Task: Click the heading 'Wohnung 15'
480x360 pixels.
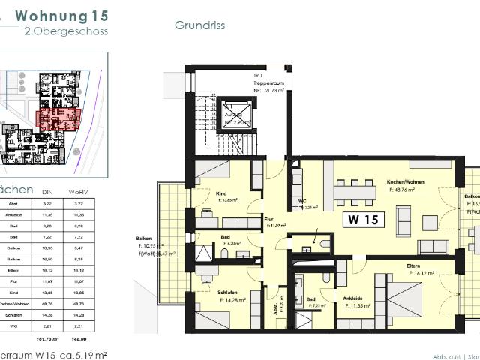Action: [61, 15]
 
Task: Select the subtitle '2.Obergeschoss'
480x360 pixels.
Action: [66, 31]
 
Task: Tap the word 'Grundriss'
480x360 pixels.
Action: [200, 25]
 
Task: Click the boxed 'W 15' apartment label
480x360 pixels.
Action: [366, 220]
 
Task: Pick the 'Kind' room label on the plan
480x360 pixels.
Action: [222, 193]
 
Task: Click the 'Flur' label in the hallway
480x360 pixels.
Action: [268, 220]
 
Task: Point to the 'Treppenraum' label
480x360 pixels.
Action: [265, 82]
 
